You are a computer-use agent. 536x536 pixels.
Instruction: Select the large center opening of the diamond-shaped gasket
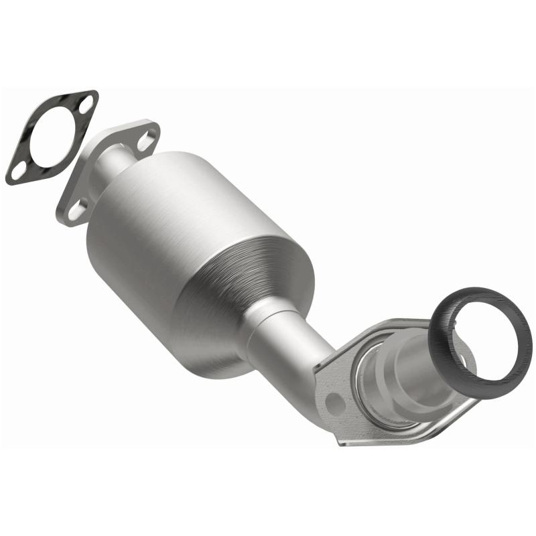pos(52,137)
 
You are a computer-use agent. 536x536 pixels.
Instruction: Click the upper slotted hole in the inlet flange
pos(145,140)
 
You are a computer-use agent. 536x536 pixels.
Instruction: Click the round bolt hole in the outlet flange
pos(334,402)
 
